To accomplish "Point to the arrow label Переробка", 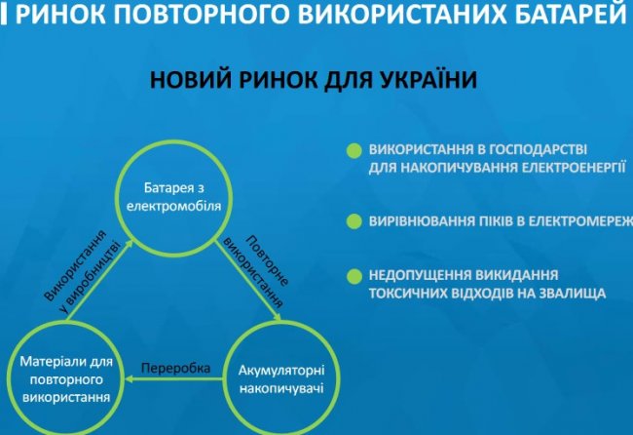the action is coord(175,368).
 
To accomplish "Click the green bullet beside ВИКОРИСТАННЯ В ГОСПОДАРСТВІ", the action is coord(354,150).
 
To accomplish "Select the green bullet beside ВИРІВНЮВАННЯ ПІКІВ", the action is coord(354,221).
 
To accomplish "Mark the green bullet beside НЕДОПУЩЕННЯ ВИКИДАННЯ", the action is coord(354,277).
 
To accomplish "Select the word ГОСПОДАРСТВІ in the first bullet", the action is coord(538,149).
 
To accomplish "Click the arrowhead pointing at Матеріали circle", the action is coord(130,379).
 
